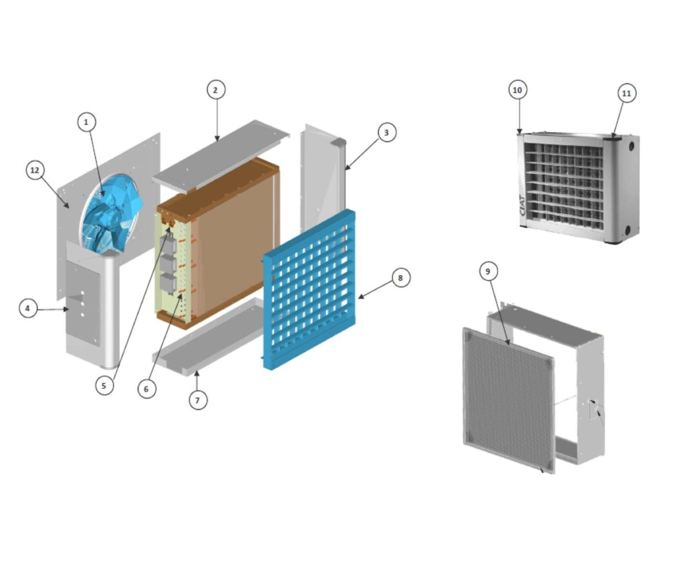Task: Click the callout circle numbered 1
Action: [86, 122]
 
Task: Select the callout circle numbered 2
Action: [216, 90]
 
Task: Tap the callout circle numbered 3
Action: [386, 132]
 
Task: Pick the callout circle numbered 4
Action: [28, 309]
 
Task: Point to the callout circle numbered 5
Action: [104, 385]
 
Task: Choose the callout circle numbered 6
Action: [146, 389]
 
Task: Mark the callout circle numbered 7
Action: [198, 401]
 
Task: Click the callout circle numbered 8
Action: [401, 278]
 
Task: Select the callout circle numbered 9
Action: [488, 272]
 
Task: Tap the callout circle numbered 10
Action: [518, 90]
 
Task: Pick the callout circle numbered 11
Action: [626, 93]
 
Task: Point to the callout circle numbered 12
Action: [35, 170]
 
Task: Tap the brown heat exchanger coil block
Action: [219, 243]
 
